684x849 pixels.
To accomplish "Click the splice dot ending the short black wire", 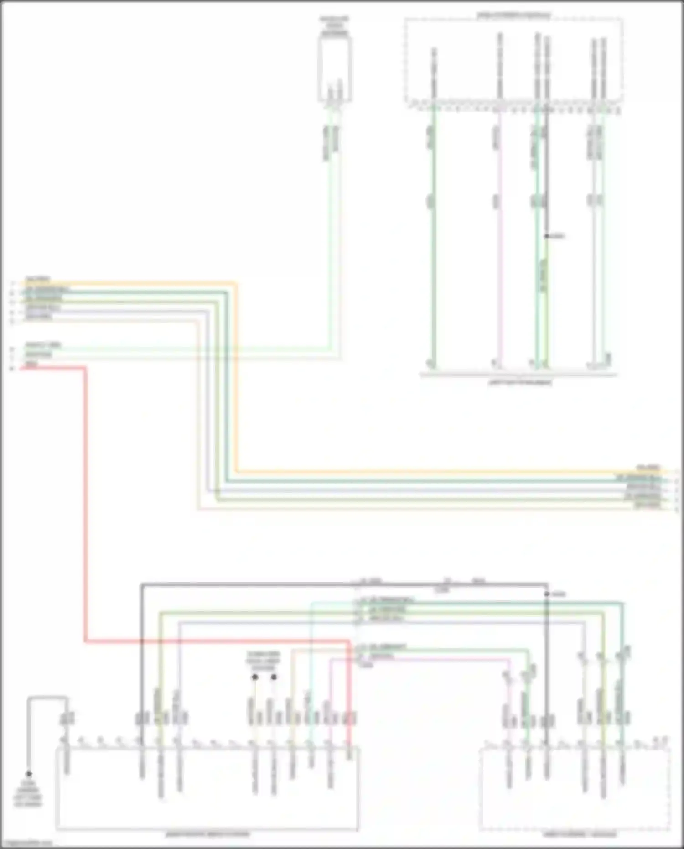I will (x=546, y=236).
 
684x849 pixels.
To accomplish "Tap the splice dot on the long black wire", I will (x=547, y=594).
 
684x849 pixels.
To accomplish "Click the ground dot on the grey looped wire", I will (x=29, y=774).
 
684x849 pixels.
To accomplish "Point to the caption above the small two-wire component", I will (x=334, y=26).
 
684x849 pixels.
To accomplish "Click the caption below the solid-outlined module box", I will (x=207, y=834).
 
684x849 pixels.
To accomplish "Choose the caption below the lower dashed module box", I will (x=579, y=834).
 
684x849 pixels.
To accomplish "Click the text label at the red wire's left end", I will (x=31, y=364).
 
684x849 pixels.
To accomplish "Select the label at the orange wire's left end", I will (x=38, y=279).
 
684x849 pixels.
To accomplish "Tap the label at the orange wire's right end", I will (x=648, y=468).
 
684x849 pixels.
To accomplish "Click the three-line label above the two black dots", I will (x=263, y=661).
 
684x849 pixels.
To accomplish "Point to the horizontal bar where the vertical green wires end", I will (x=518, y=375).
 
